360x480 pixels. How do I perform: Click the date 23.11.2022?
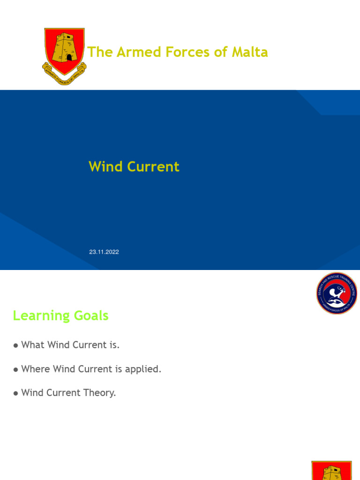click(x=104, y=252)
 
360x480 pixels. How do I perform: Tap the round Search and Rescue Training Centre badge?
click(x=336, y=293)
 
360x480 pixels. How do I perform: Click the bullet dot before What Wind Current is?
click(x=16, y=345)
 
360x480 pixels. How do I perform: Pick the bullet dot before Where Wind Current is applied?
click(x=16, y=369)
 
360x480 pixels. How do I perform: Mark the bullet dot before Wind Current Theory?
click(x=16, y=393)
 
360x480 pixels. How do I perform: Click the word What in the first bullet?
click(x=33, y=345)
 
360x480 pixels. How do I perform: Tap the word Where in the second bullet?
click(x=36, y=369)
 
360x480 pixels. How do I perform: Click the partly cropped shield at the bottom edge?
click(x=331, y=470)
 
